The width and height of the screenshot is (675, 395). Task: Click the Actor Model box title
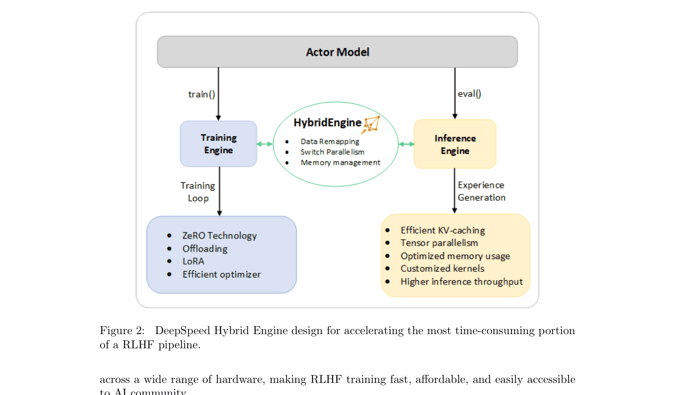point(337,52)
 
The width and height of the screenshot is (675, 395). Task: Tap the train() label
point(201,94)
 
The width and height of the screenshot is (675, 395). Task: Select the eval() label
point(469,94)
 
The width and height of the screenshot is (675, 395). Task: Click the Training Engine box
point(218,144)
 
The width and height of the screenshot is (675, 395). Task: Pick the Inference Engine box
point(455,144)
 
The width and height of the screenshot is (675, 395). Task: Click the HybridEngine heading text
point(327,123)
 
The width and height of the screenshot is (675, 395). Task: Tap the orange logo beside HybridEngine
point(371,124)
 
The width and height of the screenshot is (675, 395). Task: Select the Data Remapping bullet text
point(330,142)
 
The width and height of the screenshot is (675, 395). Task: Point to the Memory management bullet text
point(340,163)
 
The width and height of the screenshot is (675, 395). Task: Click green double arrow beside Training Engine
point(264,144)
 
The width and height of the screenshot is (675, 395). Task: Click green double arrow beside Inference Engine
point(406,144)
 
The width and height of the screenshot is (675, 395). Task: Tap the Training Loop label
point(198,192)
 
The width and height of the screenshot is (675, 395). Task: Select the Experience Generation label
point(481,191)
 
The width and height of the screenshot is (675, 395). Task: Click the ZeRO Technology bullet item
point(219,236)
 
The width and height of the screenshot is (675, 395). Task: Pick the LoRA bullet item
point(193,262)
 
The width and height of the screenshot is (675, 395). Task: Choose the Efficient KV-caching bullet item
point(442,230)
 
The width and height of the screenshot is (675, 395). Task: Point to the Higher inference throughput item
point(461,282)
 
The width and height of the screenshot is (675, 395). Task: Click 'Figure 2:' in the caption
point(122,331)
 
